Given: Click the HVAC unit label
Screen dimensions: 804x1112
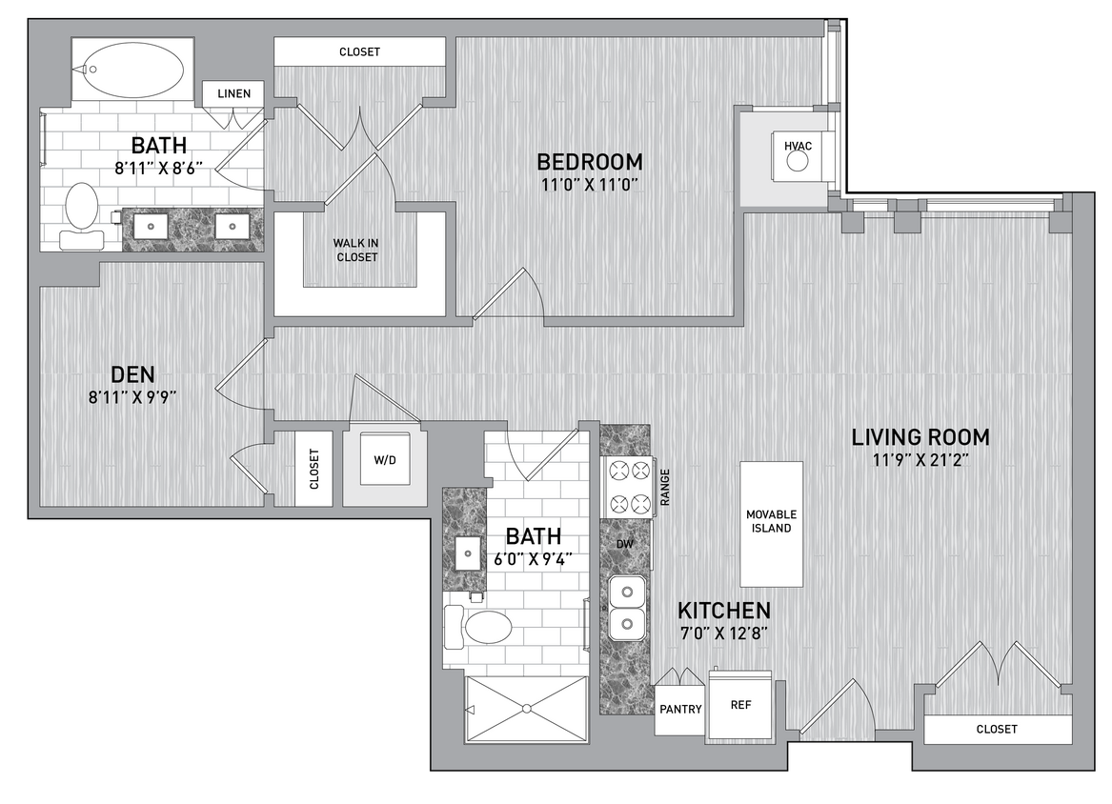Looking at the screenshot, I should tap(798, 145).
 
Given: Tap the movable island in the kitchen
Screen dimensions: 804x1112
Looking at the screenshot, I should tap(771, 523).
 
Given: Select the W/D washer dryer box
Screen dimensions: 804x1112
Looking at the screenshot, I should tap(384, 461).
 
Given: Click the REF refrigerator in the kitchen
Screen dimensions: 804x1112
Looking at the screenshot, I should tap(740, 707).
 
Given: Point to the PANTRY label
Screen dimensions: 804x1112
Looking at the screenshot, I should tap(680, 709).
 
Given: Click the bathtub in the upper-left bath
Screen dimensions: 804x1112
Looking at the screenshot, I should tap(132, 69).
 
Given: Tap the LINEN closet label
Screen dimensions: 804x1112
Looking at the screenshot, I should tap(233, 93).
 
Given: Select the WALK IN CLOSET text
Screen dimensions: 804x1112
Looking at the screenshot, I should tap(355, 250).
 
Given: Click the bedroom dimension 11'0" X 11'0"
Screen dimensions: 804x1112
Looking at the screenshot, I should tap(589, 185).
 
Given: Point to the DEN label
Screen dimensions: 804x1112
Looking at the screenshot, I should tap(132, 374).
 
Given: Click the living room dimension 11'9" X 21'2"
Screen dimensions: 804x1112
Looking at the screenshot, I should tap(920, 460).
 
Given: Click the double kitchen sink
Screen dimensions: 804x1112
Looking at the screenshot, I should tap(625, 610).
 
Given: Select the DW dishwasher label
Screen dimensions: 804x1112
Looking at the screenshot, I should tap(626, 544).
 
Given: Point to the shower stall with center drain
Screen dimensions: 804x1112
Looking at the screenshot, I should tap(526, 708).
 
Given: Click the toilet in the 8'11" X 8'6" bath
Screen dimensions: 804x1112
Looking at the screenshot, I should tap(81, 210).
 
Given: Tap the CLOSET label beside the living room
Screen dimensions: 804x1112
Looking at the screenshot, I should tap(997, 729).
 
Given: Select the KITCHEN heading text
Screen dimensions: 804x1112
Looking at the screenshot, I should tap(723, 610).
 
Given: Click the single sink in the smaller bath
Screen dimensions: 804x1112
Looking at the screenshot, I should tap(467, 552).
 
